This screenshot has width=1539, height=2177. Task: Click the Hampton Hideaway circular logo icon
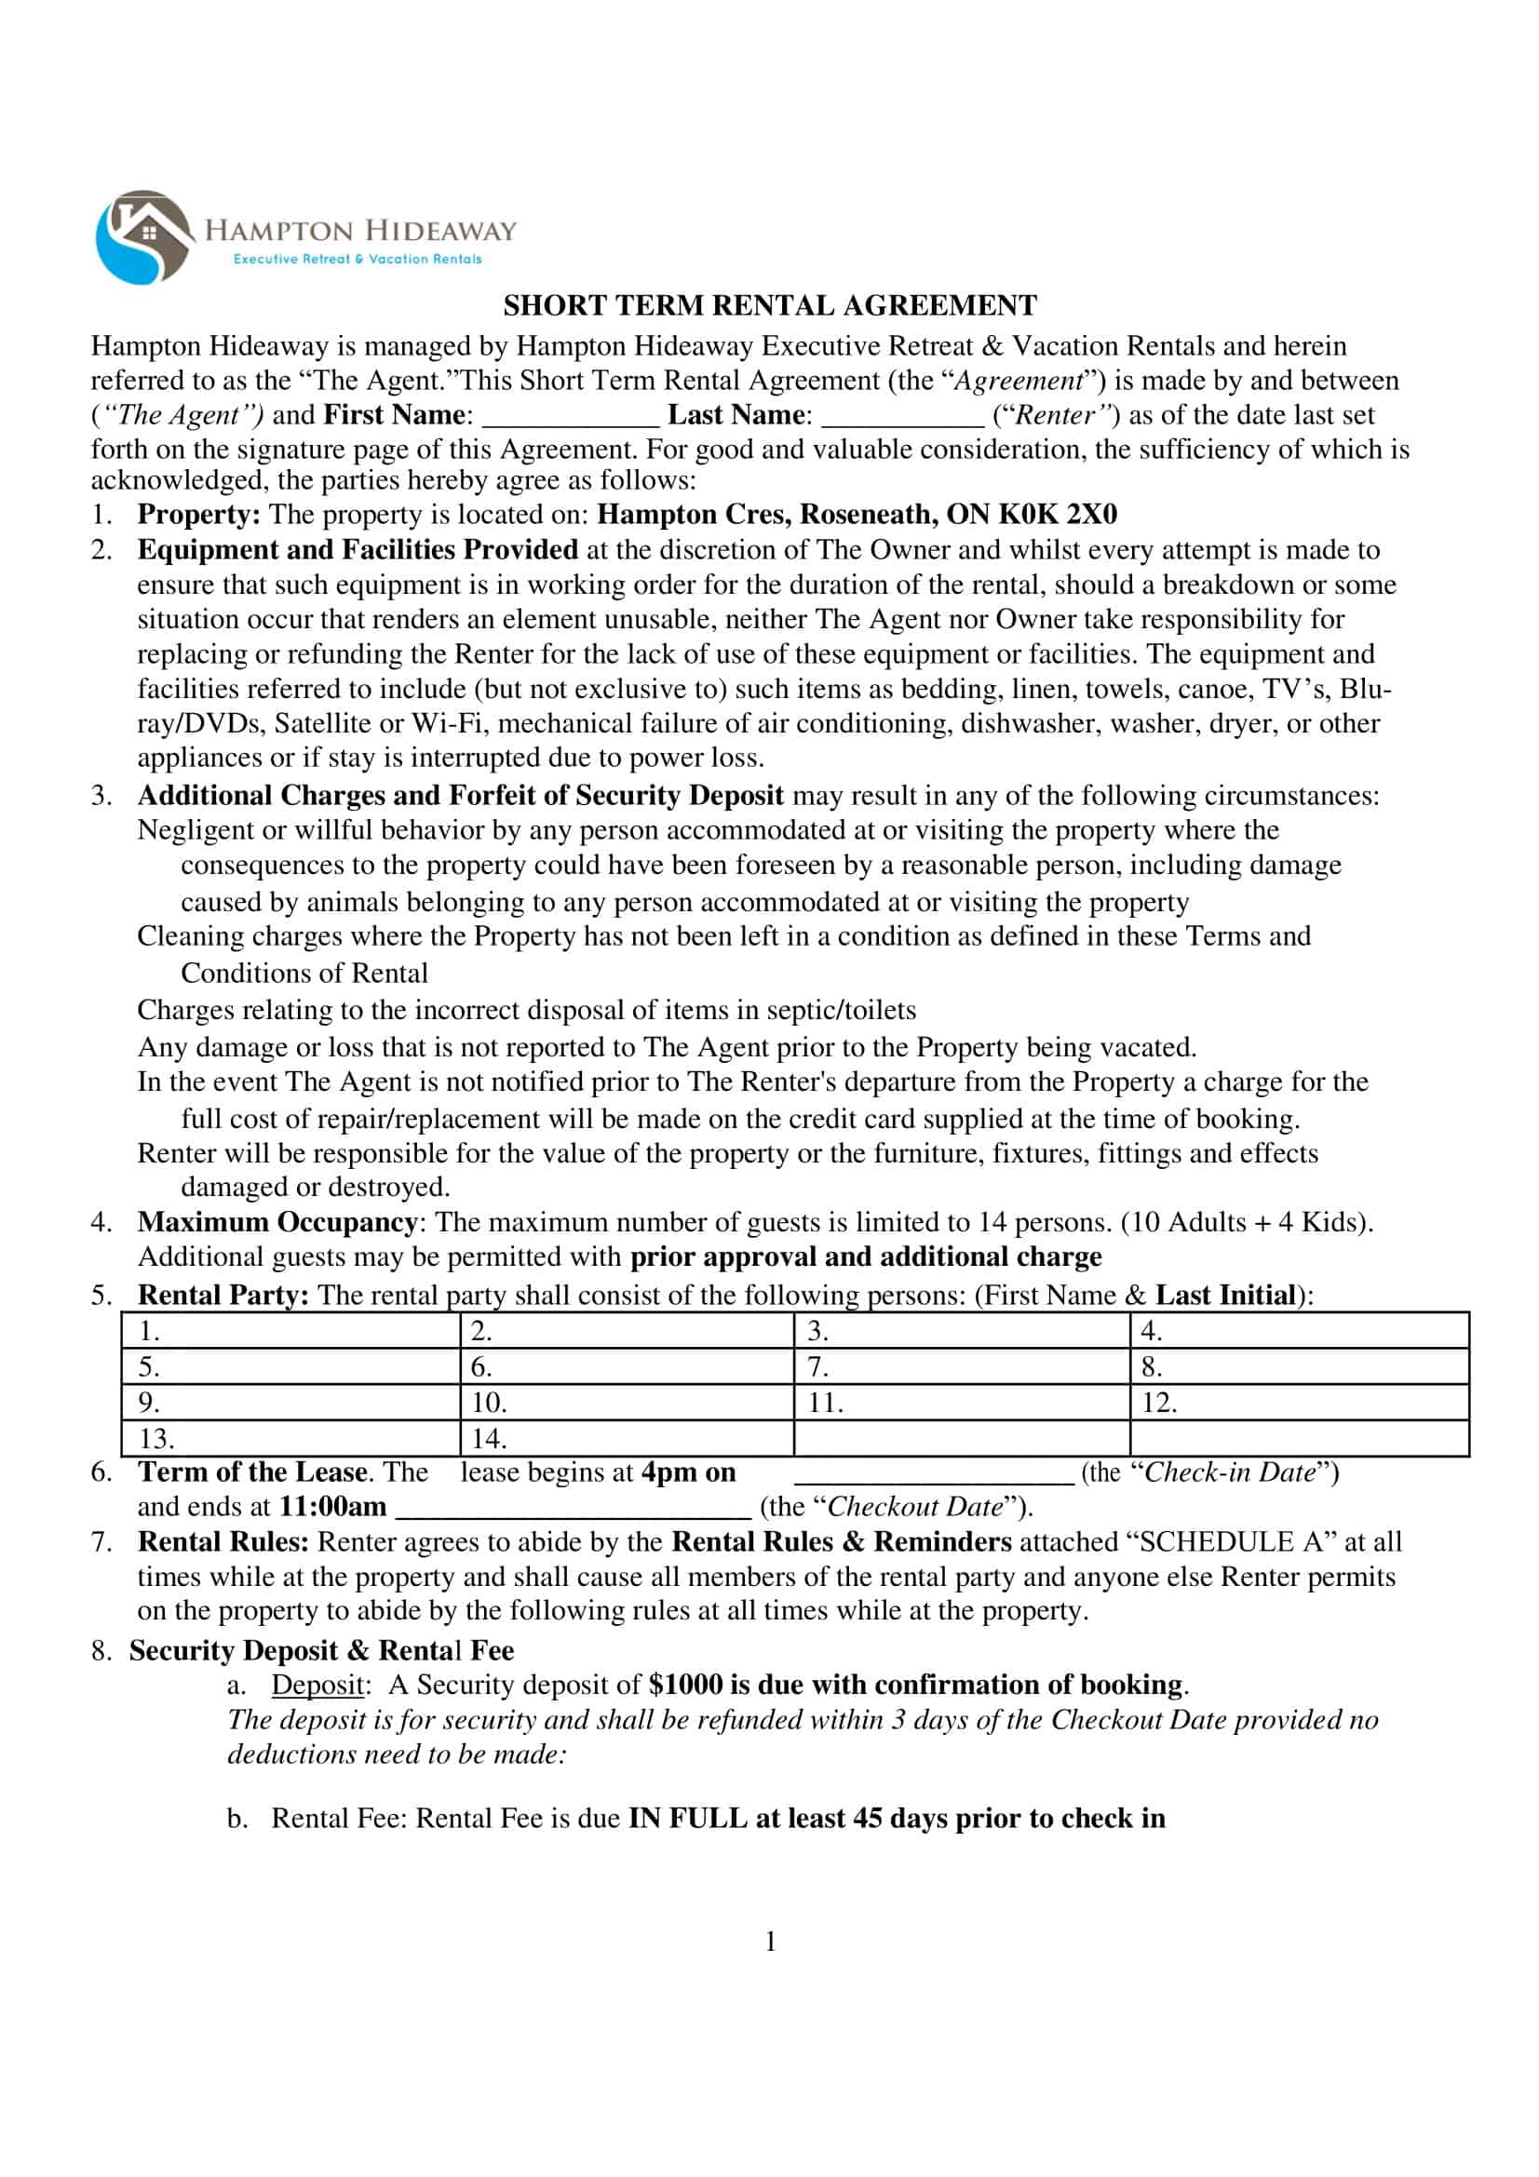pyautogui.click(x=144, y=237)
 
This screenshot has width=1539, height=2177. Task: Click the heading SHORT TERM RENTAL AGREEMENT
pyautogui.click(x=769, y=305)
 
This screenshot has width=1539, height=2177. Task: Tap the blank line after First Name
pyautogui.click(x=570, y=417)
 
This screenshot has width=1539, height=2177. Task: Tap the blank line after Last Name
pyautogui.click(x=902, y=417)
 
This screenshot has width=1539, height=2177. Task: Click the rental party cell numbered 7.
pyautogui.click(x=961, y=1366)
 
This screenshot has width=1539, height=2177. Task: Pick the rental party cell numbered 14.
pyautogui.click(x=626, y=1438)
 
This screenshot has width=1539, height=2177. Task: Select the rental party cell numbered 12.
pyautogui.click(x=1298, y=1403)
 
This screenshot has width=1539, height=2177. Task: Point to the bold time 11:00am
pyautogui.click(x=331, y=1507)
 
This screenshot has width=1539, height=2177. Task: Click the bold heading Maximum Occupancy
pyautogui.click(x=276, y=1222)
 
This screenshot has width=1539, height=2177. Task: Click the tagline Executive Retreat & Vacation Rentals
pyautogui.click(x=358, y=259)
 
